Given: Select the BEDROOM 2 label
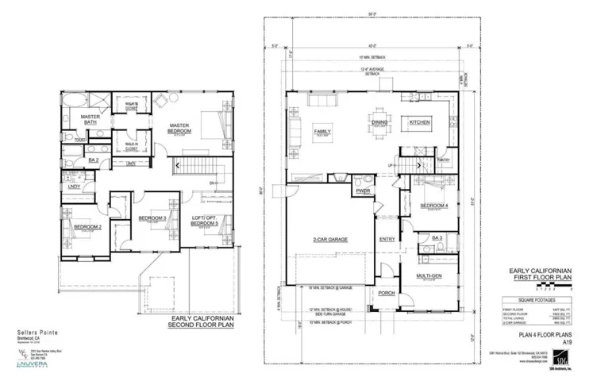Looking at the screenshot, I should coord(87,227).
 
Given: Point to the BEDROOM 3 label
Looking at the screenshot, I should coord(152,218).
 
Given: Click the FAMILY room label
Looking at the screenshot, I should coord(323,131).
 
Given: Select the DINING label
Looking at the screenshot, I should coord(379,123).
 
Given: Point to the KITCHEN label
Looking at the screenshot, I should coord(419,123).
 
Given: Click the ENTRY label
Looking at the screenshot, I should coord(387,239).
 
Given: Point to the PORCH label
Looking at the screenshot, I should coord(387,293).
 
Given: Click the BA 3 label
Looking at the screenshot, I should coord(436,237).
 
